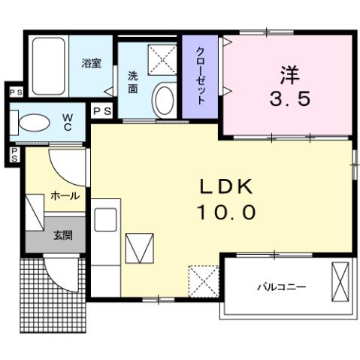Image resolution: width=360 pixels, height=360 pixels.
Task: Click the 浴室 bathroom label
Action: click(x=92, y=63)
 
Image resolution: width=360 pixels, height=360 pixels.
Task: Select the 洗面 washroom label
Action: click(x=132, y=82)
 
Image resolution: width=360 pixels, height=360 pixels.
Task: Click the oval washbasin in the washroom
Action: click(x=163, y=98)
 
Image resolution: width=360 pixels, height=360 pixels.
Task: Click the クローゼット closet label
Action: click(x=201, y=75)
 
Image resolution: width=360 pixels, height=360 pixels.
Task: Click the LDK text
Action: click(x=226, y=187)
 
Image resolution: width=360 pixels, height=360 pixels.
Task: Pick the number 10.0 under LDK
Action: click(x=226, y=213)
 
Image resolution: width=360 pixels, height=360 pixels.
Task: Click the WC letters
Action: click(x=67, y=122)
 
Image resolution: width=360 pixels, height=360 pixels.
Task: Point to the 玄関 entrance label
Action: click(x=62, y=234)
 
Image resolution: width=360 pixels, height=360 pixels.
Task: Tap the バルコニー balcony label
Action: click(x=280, y=286)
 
